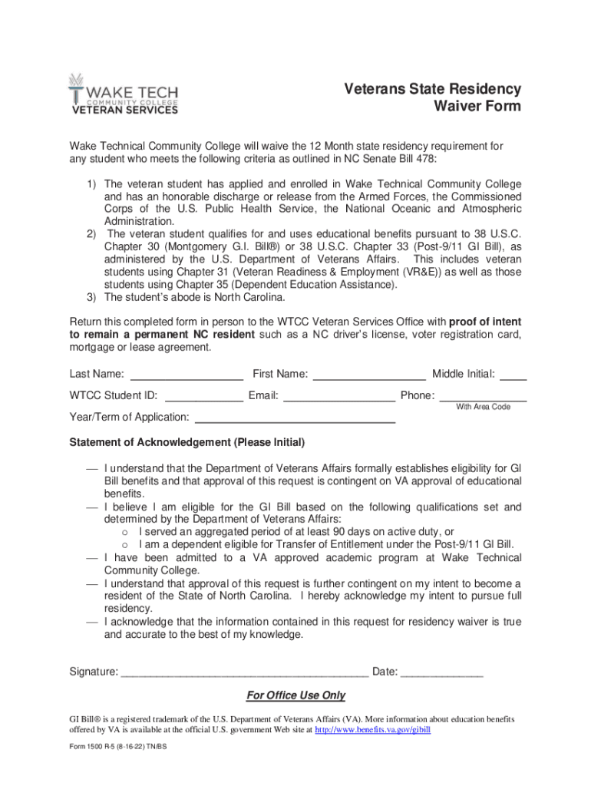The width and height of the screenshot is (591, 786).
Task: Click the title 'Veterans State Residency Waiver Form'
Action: pos(432,97)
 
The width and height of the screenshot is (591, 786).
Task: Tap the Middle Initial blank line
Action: pos(513,376)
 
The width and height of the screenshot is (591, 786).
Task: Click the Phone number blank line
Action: pos(483,398)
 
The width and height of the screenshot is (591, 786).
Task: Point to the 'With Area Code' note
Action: pos(483,407)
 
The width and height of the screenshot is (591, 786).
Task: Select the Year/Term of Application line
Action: pos(295,419)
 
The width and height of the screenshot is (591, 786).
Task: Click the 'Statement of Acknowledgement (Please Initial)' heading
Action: pos(187,443)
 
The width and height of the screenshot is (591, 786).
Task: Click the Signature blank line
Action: pos(245,673)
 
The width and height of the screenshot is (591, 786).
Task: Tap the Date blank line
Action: pos(442,673)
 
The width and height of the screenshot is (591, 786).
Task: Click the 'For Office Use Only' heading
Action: pos(295,695)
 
